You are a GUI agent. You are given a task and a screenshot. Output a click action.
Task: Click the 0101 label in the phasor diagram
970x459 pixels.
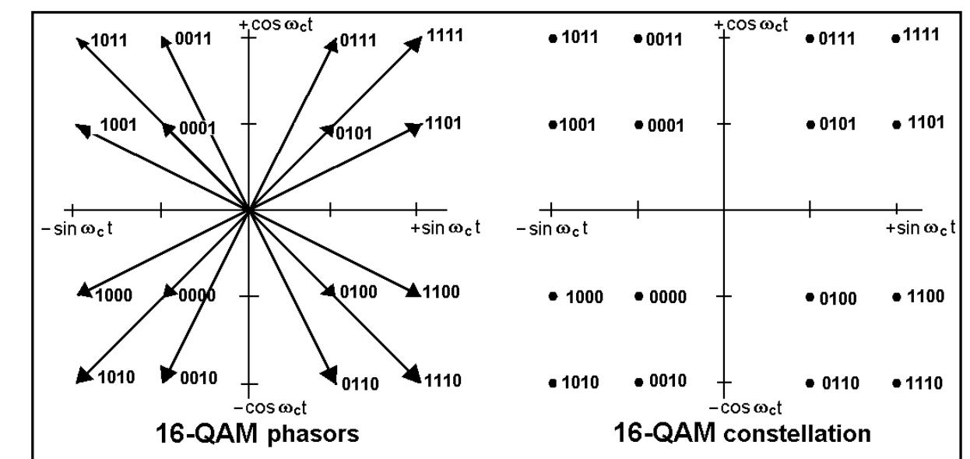click(x=352, y=132)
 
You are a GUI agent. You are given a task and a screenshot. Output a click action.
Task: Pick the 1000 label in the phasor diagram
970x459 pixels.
click(x=113, y=295)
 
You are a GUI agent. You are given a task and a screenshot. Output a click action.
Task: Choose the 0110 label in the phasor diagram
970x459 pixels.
click(x=360, y=383)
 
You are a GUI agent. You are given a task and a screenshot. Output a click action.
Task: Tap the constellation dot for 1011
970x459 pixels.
click(x=553, y=38)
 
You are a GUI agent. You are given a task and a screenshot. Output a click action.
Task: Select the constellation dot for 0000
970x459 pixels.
click(x=638, y=296)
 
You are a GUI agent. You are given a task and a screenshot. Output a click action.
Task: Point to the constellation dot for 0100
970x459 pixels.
click(x=810, y=297)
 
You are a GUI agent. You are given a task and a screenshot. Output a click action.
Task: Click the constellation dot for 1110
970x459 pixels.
click(x=896, y=383)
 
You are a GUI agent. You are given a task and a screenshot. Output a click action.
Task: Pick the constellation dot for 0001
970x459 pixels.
click(x=638, y=125)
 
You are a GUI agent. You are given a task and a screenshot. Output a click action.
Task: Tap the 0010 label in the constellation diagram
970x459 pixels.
click(x=666, y=381)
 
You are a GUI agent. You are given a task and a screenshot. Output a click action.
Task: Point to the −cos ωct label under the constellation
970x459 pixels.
click(x=747, y=408)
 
